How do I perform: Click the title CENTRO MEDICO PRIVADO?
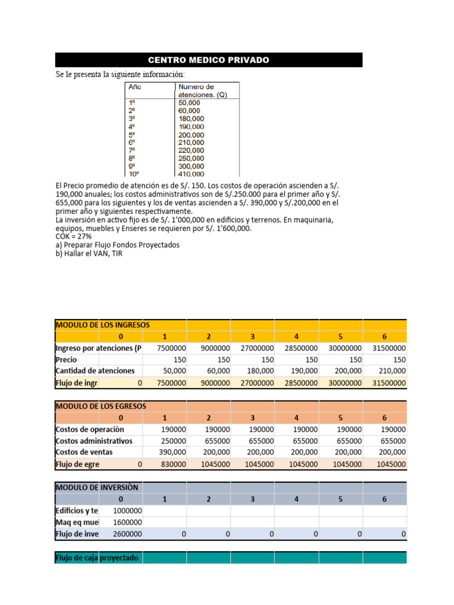(x=208, y=60)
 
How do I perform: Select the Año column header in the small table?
(x=135, y=86)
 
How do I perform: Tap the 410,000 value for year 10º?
(x=191, y=174)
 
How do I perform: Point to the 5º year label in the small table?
(x=132, y=135)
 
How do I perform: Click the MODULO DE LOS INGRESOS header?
(x=102, y=325)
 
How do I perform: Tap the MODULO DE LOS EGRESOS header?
(x=100, y=406)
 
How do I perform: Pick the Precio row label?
(x=66, y=359)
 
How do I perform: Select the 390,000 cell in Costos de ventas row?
(x=172, y=452)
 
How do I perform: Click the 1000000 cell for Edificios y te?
(x=127, y=510)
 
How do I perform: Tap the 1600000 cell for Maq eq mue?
(x=127, y=522)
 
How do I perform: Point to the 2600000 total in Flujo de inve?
(x=127, y=534)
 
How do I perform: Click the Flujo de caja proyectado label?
(x=98, y=557)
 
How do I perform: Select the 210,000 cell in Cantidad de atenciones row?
(x=392, y=371)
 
